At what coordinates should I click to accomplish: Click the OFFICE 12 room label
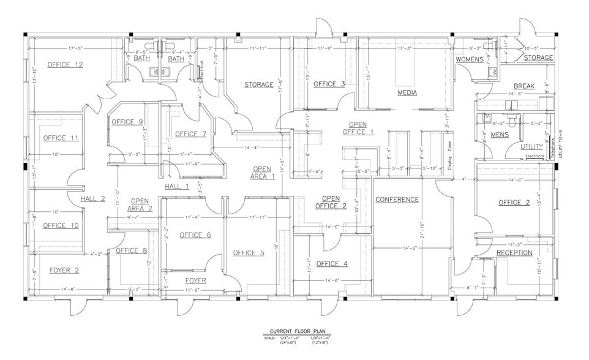point(66,64)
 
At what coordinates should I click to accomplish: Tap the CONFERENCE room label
point(397,200)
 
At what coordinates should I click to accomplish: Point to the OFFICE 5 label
point(248,252)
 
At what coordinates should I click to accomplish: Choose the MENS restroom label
point(500,135)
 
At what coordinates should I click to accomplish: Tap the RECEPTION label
point(514,253)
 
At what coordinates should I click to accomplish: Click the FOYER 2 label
point(64,269)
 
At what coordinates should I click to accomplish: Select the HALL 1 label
point(177,186)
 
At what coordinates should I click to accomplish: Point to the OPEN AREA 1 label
point(262,173)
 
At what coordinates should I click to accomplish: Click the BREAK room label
point(525,86)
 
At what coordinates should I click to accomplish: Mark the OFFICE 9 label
point(127,122)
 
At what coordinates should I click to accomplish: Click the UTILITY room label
point(531,147)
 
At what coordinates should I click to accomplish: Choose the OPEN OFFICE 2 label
point(331,202)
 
